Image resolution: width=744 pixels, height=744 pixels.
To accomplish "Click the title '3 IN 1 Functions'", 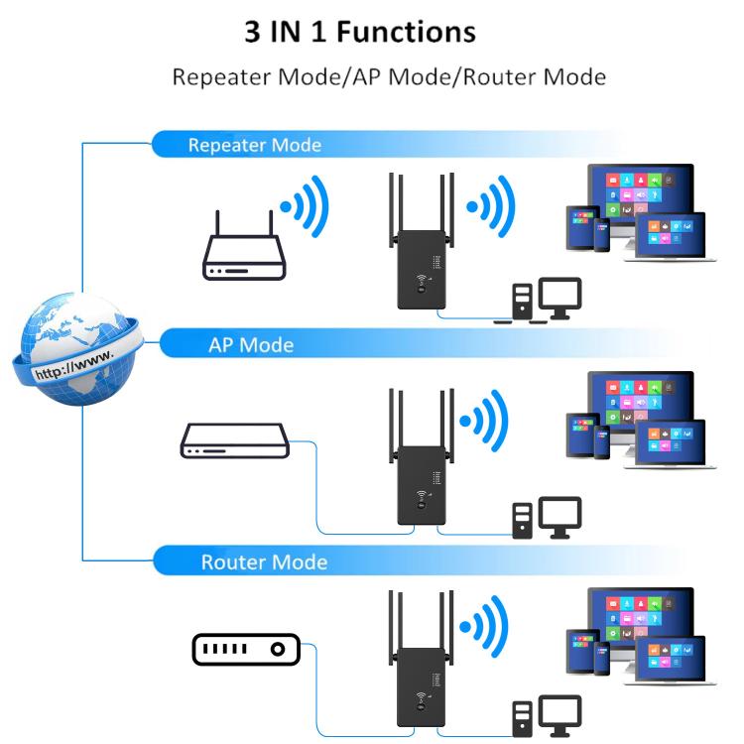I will (360, 32).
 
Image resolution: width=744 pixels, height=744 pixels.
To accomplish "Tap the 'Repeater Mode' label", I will (255, 145).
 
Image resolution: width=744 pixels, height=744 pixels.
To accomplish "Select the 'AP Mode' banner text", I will (251, 345).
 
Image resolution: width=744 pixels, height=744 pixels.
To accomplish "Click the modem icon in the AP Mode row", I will (226, 440).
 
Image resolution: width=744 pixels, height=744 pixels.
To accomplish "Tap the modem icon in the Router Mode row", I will (244, 650).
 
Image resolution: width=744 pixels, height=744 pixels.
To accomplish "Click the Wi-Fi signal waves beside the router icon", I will (304, 206).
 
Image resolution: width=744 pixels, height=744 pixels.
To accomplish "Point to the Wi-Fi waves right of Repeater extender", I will (491, 206).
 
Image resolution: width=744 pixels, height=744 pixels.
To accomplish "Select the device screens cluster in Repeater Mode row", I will (635, 213).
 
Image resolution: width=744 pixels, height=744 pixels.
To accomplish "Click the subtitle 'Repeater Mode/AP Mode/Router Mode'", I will (389, 77).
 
